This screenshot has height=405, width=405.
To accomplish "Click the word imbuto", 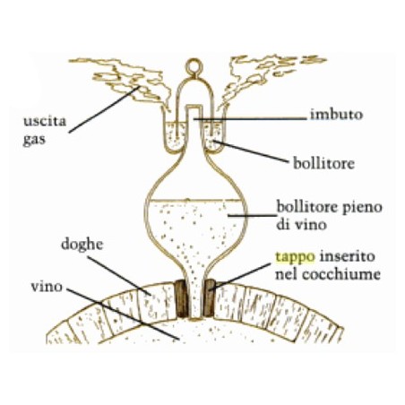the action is tap(336, 115).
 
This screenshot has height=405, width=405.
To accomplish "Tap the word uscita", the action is tap(45, 121).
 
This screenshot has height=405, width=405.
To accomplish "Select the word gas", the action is tap(34, 140).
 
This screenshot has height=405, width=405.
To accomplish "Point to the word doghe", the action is tap(82, 245).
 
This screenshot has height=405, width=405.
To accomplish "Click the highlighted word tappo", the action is tap(295, 256).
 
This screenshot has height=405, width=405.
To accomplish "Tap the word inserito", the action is tap(347, 256).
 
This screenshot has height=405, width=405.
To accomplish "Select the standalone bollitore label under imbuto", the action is tap(323, 163).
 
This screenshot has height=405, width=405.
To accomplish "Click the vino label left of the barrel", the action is tap(47, 287).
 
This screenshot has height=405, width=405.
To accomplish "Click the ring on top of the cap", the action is tap(194, 67).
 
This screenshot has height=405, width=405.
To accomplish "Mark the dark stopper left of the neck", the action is tap(181, 298).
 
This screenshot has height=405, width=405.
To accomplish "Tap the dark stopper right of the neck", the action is tap(209, 297).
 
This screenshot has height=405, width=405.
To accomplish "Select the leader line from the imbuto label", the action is tap(250, 119).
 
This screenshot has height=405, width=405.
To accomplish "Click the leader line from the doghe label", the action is tap(118, 275).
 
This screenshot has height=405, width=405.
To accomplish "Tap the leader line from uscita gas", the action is tap(104, 109).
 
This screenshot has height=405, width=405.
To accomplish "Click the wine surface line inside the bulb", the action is tap(194, 200).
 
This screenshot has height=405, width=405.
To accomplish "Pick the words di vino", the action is tap(301, 225).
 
